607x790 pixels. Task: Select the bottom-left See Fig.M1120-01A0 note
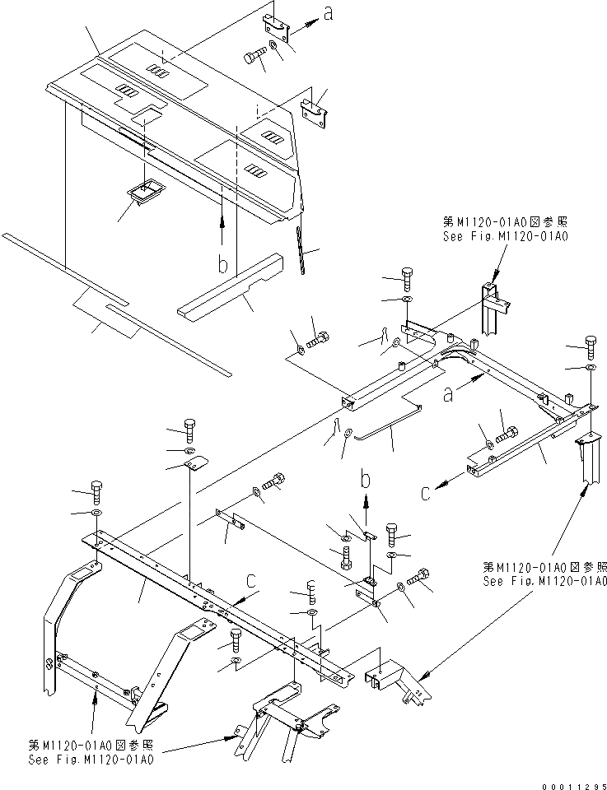click(90, 753)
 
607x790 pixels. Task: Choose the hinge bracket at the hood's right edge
click(315, 112)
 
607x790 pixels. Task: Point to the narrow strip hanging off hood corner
click(302, 252)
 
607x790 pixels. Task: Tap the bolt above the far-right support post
click(591, 343)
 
